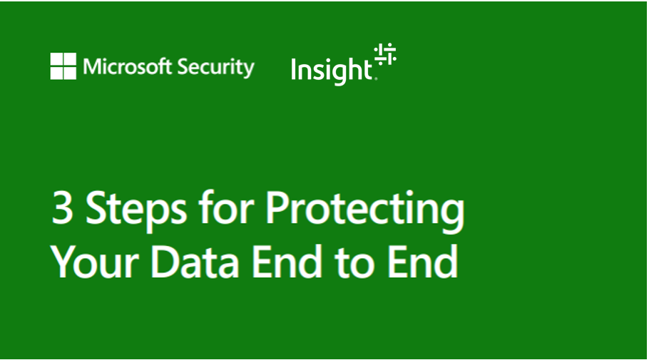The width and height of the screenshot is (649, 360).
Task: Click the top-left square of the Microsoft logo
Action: [x=56, y=60]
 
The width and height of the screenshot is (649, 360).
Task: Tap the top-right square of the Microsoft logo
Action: [x=69, y=60]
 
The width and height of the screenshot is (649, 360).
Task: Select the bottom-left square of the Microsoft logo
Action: [x=56, y=72]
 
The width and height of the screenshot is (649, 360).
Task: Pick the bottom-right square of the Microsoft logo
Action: [x=69, y=72]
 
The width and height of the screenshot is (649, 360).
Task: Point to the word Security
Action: [x=215, y=68]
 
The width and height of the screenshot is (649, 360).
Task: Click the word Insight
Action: [x=332, y=70]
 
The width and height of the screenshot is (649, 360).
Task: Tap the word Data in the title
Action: [x=197, y=262]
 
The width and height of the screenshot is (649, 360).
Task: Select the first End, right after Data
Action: [x=287, y=262]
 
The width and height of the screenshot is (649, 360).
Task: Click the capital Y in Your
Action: [x=65, y=262]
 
